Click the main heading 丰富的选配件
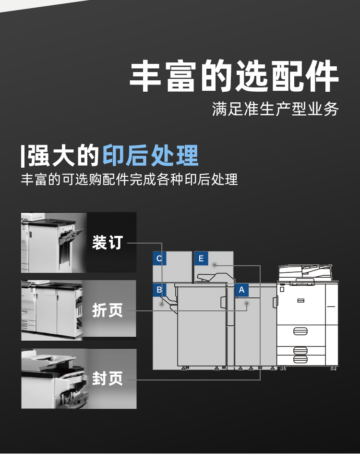click(234, 76)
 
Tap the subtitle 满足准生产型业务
click(276, 109)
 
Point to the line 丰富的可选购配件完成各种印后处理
click(129, 180)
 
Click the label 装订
click(108, 243)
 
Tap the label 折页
click(108, 310)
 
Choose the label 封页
click(108, 379)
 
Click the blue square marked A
click(241, 290)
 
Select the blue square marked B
click(159, 290)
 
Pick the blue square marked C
click(159, 259)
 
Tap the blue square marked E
click(201, 259)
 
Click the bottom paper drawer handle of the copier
click(300, 359)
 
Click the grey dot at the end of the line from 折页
click(246, 304)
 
